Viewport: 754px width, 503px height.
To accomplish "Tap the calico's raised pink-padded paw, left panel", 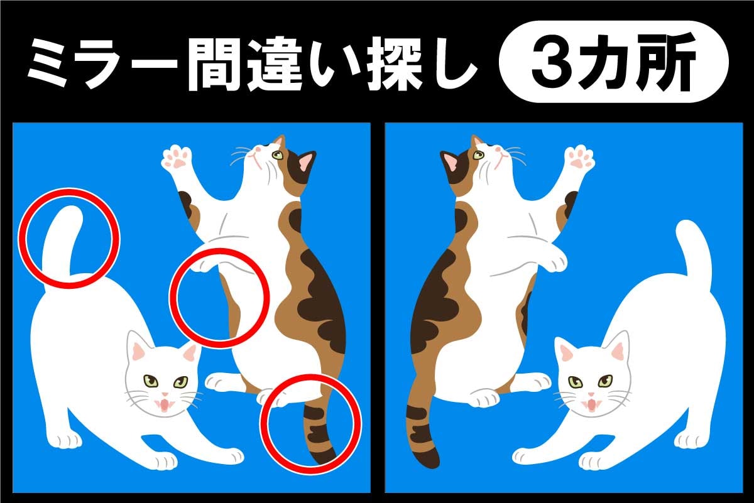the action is pyautogui.click(x=177, y=158).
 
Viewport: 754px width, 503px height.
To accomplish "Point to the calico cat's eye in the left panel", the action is pyautogui.click(x=278, y=155).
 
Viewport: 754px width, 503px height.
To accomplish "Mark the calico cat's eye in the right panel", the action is pyautogui.click(x=478, y=155).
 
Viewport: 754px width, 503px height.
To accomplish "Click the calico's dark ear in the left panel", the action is pyautogui.click(x=305, y=163).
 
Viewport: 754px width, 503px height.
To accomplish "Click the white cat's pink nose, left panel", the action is pyautogui.click(x=165, y=394).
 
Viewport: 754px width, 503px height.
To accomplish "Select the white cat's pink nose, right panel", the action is pyautogui.click(x=591, y=394).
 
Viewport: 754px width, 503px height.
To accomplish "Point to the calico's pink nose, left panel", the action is pyautogui.click(x=258, y=148).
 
